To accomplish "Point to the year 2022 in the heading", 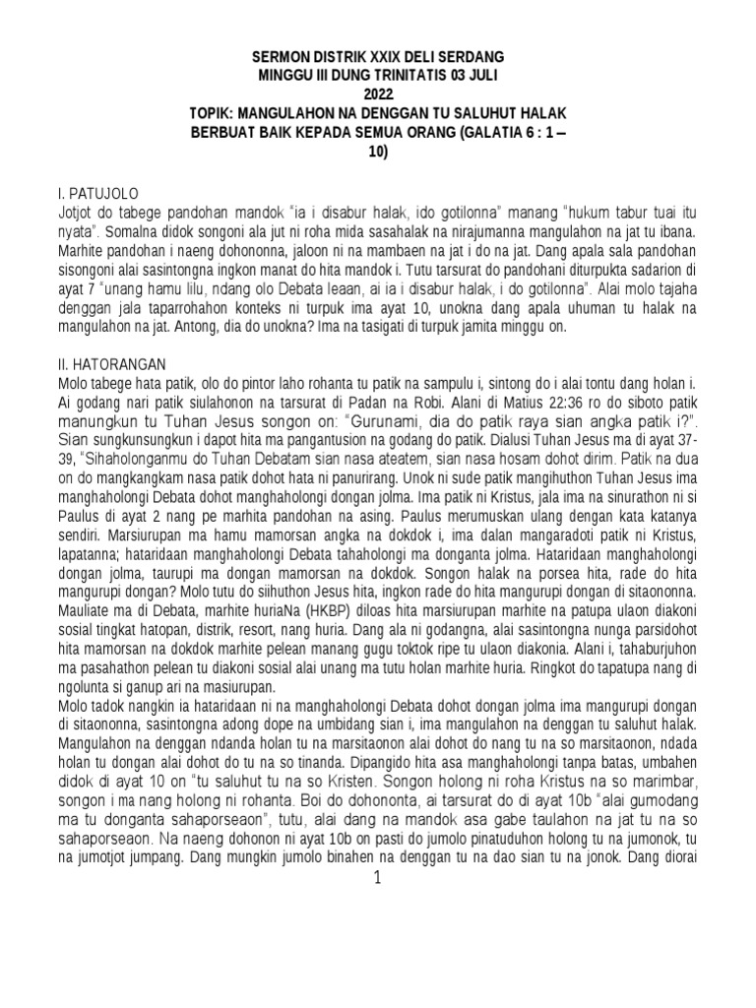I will pos(378,94).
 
